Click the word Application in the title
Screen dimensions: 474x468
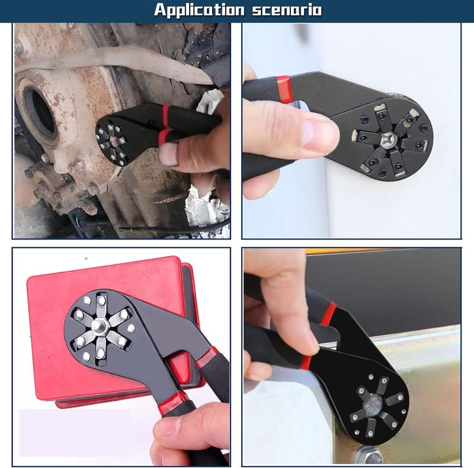coord(199,10)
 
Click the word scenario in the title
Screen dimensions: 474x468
coord(287,9)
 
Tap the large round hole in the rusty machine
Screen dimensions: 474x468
coord(39,114)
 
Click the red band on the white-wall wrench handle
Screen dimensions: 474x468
coord(283,88)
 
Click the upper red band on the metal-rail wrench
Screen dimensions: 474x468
coord(329,314)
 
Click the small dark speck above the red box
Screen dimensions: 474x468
coord(86,259)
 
